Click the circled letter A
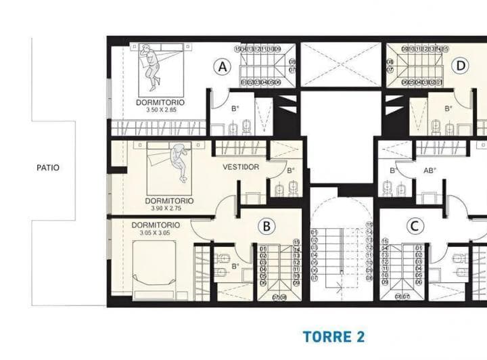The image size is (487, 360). click(221, 66)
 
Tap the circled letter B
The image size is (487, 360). click(267, 225)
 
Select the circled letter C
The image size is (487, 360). click(414, 225)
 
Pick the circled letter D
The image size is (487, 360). click(461, 66)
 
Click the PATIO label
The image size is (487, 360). click(47, 167)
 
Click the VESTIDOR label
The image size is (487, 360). click(241, 167)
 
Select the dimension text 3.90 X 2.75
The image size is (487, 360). click(169, 208)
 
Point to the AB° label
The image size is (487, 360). click(430, 171)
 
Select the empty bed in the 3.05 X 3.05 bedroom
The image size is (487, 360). click(154, 268)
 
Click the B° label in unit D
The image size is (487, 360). click(450, 108)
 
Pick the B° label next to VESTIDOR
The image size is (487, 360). click(291, 171)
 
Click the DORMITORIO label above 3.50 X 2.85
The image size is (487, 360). click(160, 103)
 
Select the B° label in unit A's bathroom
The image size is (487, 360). click(235, 108)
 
